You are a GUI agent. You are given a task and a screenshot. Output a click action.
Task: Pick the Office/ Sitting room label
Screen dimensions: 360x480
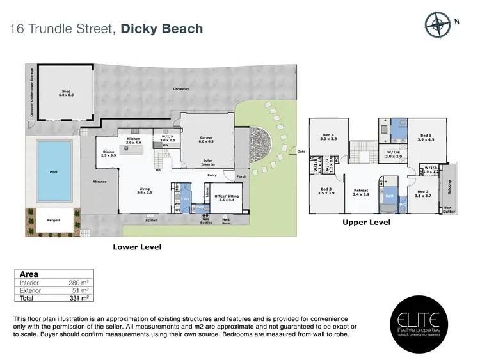coord(227,198)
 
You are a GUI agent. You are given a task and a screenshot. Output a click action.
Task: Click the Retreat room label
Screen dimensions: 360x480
coord(360,192)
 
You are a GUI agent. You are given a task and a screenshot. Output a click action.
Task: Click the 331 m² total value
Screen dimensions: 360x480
coord(79,298)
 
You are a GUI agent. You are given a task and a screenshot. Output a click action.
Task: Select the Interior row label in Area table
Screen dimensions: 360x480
coord(30,282)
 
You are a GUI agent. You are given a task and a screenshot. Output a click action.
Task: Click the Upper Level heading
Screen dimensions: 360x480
coord(366,223)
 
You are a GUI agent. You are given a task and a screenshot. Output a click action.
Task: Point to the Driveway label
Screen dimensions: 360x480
coord(180,88)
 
